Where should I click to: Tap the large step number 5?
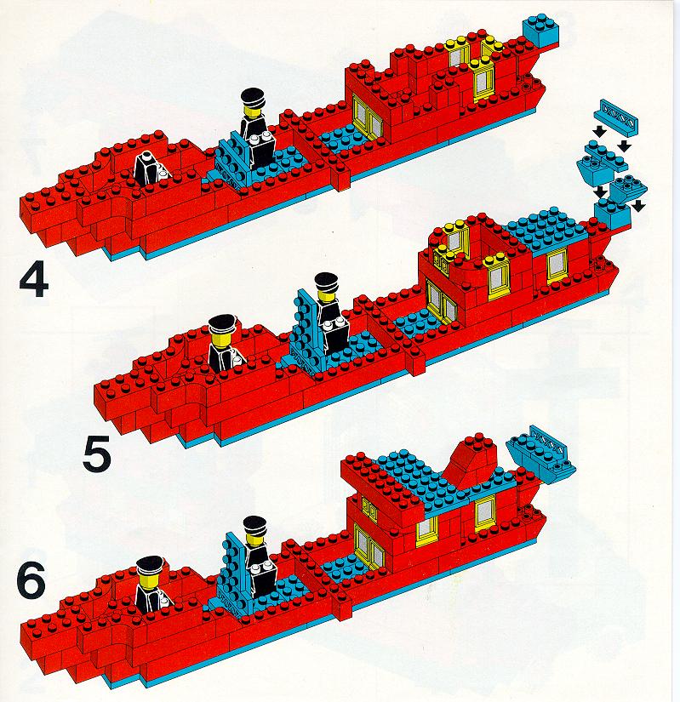(x=97, y=455)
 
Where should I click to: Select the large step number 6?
(x=31, y=580)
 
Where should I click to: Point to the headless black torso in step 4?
(x=148, y=167)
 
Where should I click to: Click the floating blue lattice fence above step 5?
(x=616, y=117)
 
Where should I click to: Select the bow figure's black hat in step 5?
(x=222, y=322)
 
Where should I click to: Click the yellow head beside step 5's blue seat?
(x=325, y=296)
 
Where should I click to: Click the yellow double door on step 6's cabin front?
(x=369, y=546)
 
